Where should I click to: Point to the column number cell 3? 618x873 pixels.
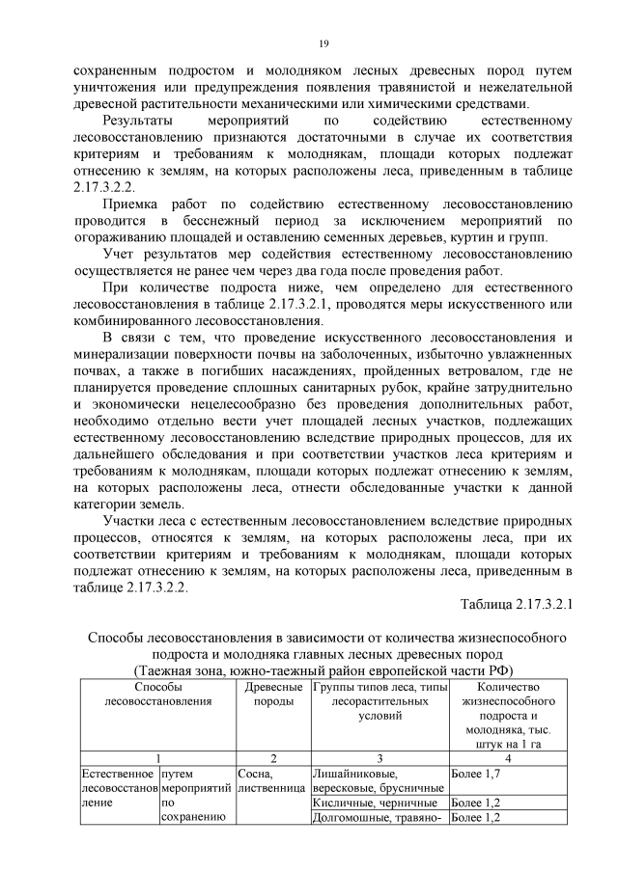[378, 757]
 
